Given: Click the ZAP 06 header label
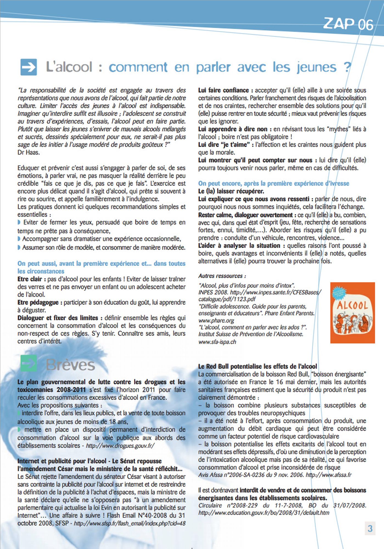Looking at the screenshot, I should [348, 24].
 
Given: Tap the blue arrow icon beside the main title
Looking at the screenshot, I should [29, 67].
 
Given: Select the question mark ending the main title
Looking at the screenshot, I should [347, 67].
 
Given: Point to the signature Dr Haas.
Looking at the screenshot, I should [29, 152].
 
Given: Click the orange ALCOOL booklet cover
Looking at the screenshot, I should [352, 313].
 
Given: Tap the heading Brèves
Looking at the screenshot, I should [71, 365].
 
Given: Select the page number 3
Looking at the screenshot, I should [370, 528].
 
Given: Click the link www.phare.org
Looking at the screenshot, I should [216, 320].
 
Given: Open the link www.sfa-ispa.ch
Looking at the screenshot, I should [217, 342].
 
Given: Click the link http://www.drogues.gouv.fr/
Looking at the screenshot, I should [120, 446].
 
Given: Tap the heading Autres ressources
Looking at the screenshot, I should [222, 276].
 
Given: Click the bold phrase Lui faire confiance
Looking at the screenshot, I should [223, 90].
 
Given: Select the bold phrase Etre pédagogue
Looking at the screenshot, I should [38, 302].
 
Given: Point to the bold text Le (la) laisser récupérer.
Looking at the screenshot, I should [231, 191].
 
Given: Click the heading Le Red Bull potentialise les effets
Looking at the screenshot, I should [257, 366].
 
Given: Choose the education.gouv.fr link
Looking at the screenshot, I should [264, 512].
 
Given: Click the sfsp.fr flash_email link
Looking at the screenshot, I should [130, 523].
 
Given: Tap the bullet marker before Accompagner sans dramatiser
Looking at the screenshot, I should [19, 239].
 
